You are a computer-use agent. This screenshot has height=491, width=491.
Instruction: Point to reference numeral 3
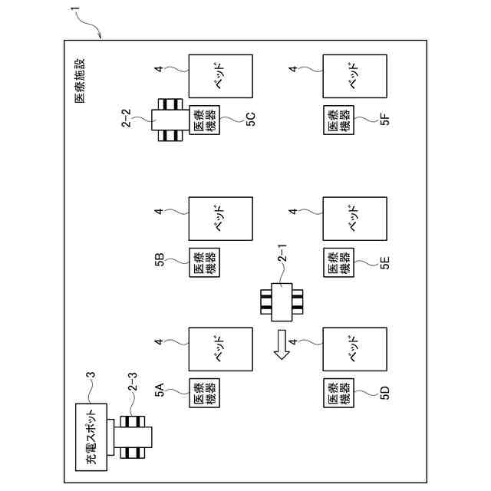[x=91, y=375]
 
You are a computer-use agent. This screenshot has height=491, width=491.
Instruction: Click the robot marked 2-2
[x=169, y=120]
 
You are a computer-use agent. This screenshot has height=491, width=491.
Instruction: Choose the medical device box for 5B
[x=204, y=262]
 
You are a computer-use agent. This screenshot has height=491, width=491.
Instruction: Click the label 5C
[x=251, y=119]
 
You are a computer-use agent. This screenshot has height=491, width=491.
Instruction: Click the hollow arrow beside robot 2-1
[x=281, y=343]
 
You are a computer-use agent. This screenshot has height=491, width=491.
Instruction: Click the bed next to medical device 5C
[x=220, y=75]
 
